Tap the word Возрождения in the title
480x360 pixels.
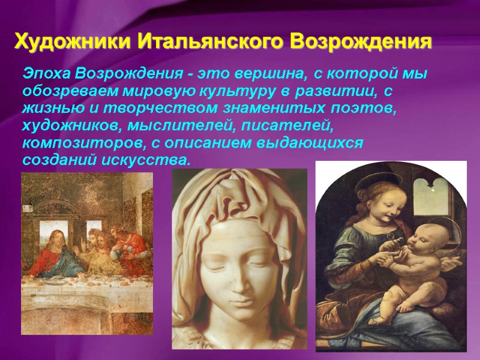tap(361, 42)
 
